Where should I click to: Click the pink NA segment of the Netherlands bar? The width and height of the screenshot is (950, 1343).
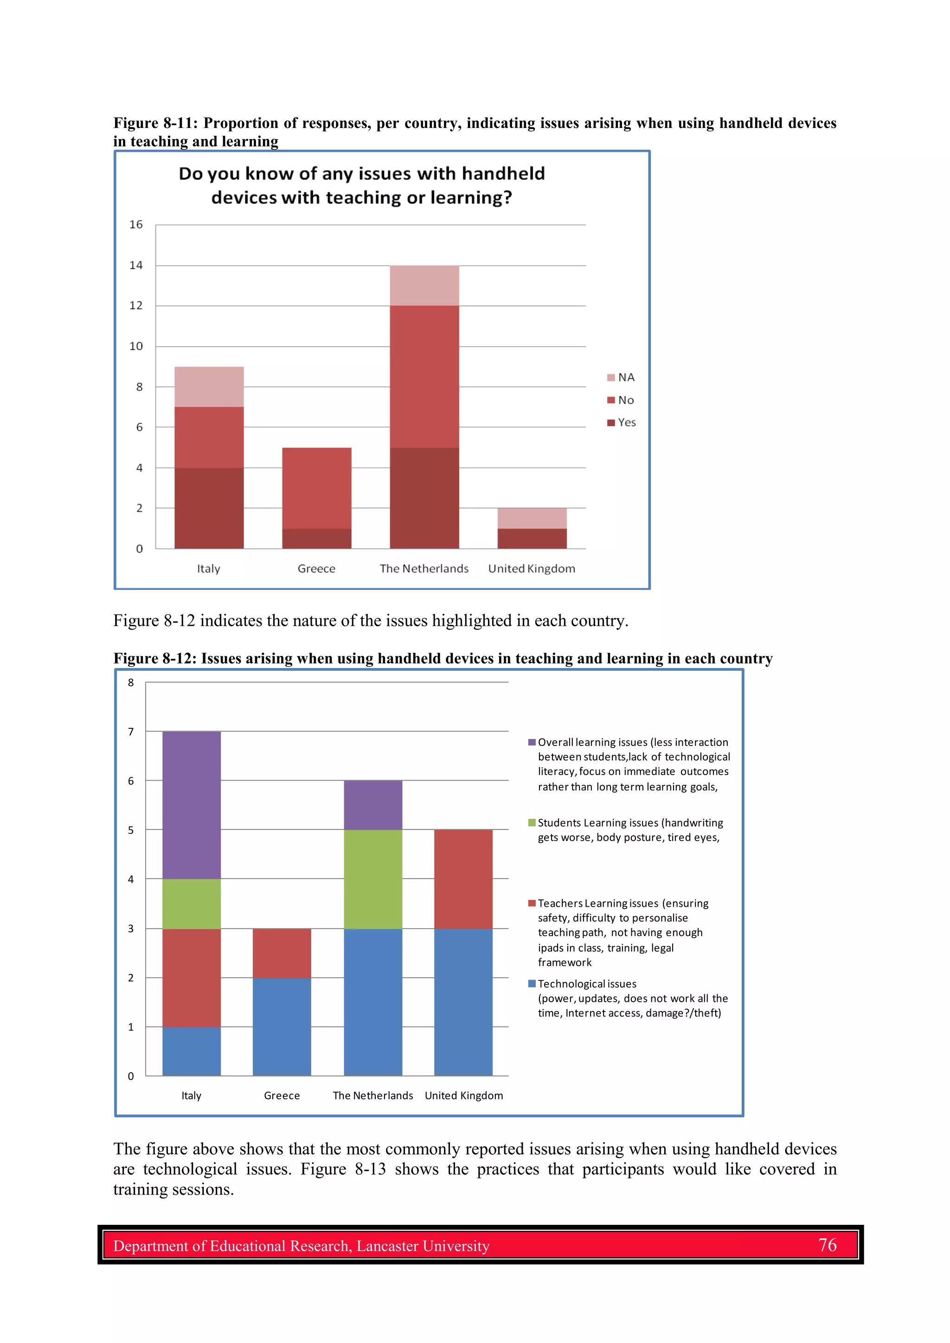pyautogui.click(x=424, y=286)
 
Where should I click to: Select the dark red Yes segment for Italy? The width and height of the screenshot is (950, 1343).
pyautogui.click(x=209, y=508)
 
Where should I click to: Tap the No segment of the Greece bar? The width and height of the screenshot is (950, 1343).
pyautogui.click(x=317, y=488)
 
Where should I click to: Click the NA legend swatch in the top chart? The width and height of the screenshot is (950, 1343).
pyautogui.click(x=611, y=377)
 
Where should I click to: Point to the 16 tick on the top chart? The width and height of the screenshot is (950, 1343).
pyautogui.click(x=136, y=225)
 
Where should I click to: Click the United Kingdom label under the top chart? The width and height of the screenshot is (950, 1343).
pyautogui.click(x=532, y=568)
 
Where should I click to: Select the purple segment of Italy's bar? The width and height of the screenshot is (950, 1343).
pyautogui.click(x=192, y=805)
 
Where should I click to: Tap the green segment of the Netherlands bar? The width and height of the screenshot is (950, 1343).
pyautogui.click(x=373, y=878)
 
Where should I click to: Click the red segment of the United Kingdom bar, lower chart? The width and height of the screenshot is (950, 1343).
pyautogui.click(x=463, y=878)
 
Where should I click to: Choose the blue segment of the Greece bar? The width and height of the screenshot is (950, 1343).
pyautogui.click(x=282, y=1026)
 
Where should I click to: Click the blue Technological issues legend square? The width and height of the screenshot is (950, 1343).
pyautogui.click(x=532, y=983)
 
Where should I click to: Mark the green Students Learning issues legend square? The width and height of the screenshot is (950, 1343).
pyautogui.click(x=532, y=822)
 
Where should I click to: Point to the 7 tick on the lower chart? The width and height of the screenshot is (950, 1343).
pyautogui.click(x=130, y=732)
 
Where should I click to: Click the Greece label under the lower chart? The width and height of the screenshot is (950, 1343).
pyautogui.click(x=282, y=1095)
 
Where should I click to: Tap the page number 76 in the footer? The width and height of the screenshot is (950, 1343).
pyautogui.click(x=827, y=1245)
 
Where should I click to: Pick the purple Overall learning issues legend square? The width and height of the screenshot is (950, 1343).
pyautogui.click(x=532, y=742)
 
